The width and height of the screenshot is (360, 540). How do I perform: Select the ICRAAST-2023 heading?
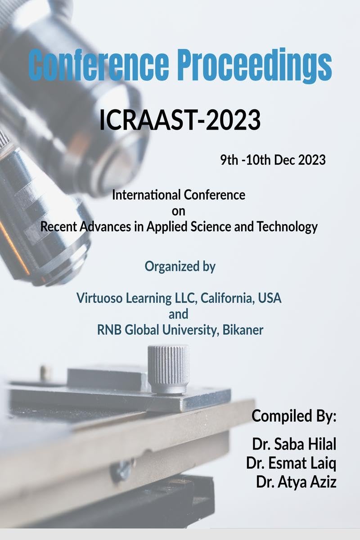point(180,120)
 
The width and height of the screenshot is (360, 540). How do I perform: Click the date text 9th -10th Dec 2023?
point(273,160)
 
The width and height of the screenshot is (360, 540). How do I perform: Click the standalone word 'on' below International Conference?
point(179,211)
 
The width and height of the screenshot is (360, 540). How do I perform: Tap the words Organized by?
point(180,266)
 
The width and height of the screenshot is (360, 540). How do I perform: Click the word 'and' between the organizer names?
point(179,314)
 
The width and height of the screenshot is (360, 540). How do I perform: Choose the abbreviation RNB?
point(108,330)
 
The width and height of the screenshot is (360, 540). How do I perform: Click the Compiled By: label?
point(294,415)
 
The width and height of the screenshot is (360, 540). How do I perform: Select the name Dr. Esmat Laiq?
point(292,463)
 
